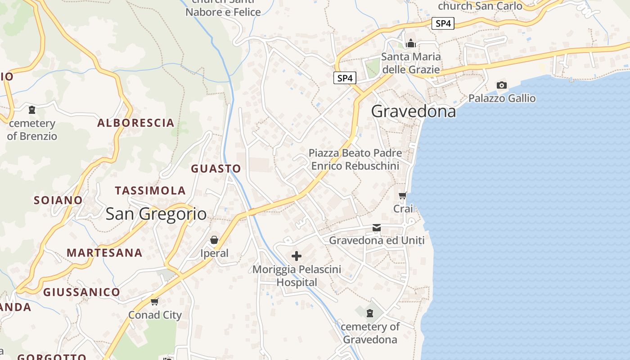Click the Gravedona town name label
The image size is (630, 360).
coord(414,111)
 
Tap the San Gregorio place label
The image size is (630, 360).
coord(156,214)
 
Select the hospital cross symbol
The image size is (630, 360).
coord(297,256)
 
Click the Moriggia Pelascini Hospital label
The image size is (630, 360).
coord(297,276)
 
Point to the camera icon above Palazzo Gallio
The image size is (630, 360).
coord(501,85)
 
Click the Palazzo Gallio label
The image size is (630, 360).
coord(502,98)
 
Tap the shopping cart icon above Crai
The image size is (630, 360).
coord(403,195)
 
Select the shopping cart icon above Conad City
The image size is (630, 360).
coord(155,301)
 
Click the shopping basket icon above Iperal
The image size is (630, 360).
coord(214,240)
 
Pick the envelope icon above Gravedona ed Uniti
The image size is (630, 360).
coord(377,228)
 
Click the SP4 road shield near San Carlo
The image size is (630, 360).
coord(443,23)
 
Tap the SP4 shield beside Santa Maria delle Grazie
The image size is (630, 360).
coord(345,78)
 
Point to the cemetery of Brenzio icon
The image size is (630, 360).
coord(32,110)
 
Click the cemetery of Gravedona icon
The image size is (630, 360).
coord(370,313)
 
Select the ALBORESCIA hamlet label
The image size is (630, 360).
coord(136,123)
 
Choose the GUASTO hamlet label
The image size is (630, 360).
coord(216,169)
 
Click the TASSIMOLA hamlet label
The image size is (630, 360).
coord(150,191)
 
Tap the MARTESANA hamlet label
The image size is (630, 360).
coord(104,253)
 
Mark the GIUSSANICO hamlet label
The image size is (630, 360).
coord(81,292)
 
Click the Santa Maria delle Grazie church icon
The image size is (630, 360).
coord(410,44)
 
